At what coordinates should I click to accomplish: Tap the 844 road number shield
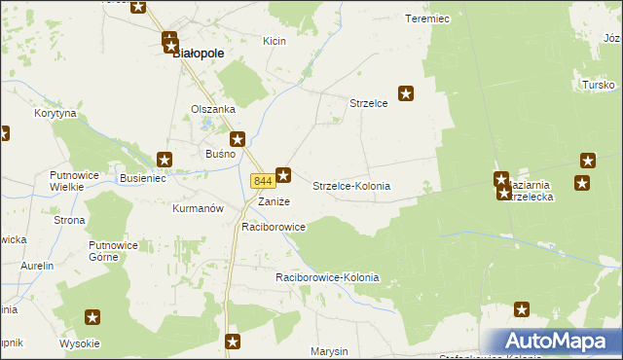tap(262, 181)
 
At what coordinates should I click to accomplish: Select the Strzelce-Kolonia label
tap(351, 185)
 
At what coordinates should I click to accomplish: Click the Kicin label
tap(274, 41)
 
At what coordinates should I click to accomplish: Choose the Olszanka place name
tap(213, 109)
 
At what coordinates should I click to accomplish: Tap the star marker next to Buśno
tap(237, 140)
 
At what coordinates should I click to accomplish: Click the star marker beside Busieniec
tap(165, 159)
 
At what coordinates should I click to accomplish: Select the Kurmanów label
tap(198, 208)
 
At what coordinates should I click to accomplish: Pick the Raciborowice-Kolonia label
tap(327, 278)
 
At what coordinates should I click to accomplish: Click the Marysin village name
tap(329, 350)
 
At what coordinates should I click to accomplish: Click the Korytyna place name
tap(55, 114)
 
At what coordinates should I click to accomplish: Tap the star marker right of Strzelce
tap(407, 94)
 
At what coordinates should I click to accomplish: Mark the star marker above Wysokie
tap(92, 316)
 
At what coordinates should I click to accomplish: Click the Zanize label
tap(274, 201)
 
